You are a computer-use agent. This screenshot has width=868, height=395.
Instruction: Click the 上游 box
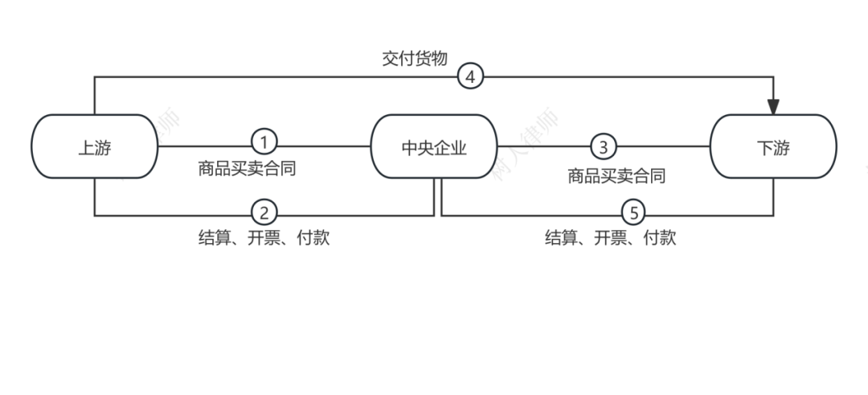[x=94, y=147]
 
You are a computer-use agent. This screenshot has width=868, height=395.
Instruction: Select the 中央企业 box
[x=434, y=147]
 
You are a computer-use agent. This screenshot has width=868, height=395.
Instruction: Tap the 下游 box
[x=773, y=147]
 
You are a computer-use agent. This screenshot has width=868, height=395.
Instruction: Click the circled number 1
[x=264, y=143]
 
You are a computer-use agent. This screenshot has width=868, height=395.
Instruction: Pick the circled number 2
[x=264, y=213]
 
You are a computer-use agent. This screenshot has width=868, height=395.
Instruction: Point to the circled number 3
[x=604, y=146]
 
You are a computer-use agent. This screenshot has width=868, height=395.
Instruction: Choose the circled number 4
[x=470, y=76]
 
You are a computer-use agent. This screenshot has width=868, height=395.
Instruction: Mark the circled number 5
[x=634, y=213]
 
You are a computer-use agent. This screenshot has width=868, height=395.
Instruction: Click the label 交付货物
[x=414, y=59]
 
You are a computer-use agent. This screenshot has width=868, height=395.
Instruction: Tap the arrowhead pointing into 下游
[x=773, y=107]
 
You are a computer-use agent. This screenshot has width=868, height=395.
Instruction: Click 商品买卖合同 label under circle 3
[x=616, y=176]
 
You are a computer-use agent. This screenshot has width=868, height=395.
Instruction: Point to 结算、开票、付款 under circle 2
[x=264, y=238]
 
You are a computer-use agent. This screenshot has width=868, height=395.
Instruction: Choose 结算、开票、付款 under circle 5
[x=610, y=238]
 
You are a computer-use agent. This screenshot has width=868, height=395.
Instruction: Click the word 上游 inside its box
[x=94, y=148]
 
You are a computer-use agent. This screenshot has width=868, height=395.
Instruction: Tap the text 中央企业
[x=434, y=148]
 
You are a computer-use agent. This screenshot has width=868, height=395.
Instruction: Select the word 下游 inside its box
[x=773, y=148]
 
